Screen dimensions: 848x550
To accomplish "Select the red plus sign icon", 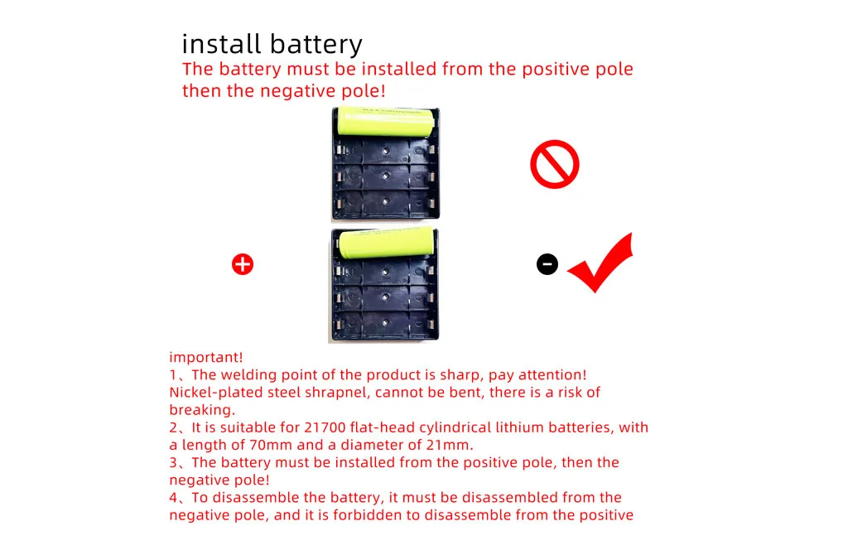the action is [x=243, y=264].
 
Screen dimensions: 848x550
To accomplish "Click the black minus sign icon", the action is [x=547, y=264].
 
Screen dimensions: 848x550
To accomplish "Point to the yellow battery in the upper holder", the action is [x=386, y=122].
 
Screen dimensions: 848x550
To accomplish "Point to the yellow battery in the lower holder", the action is [x=387, y=243].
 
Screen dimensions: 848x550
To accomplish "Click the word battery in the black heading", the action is [x=316, y=45].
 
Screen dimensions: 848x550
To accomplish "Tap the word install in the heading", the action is [x=222, y=44].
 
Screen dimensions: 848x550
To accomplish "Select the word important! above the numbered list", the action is [x=206, y=357].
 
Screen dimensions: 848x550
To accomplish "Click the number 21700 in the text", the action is [x=325, y=427].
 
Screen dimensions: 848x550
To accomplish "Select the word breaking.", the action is [x=202, y=411].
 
